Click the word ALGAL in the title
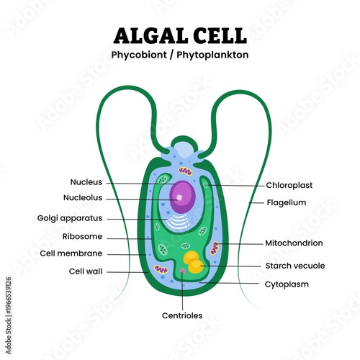coord(150,35)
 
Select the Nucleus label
coord(86,182)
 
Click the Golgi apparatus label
coord(70,218)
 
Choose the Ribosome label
coord(81,237)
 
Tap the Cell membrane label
coord(71,253)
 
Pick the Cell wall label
coord(83,271)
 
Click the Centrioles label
coord(182,315)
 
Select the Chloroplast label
coord(289,185)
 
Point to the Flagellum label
coord(287,203)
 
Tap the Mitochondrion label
coord(294,243)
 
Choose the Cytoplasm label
coord(287,284)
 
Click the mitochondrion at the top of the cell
coord(186,171)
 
